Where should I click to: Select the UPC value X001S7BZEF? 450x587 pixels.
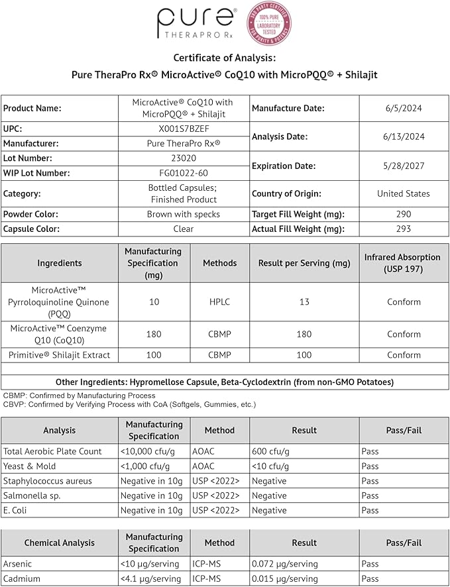pyautogui.click(x=183, y=129)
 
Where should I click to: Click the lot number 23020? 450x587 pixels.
pyautogui.click(x=183, y=158)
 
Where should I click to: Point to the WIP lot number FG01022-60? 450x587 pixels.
pyautogui.click(x=183, y=173)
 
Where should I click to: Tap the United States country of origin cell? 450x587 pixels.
pyautogui.click(x=403, y=193)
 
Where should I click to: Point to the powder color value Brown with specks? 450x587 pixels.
pyautogui.click(x=183, y=214)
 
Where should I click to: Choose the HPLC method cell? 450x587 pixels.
pyautogui.click(x=219, y=302)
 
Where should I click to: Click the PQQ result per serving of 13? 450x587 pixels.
pyautogui.click(x=304, y=302)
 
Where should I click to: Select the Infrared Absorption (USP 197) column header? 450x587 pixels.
pyautogui.click(x=403, y=263)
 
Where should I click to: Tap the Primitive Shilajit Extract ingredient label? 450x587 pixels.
pyautogui.click(x=60, y=355)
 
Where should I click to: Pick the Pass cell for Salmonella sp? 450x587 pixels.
pyautogui.click(x=370, y=496)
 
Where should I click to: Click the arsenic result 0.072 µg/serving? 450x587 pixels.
pyautogui.click(x=285, y=564)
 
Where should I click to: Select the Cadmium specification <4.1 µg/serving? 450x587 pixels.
pyautogui.click(x=153, y=578)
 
